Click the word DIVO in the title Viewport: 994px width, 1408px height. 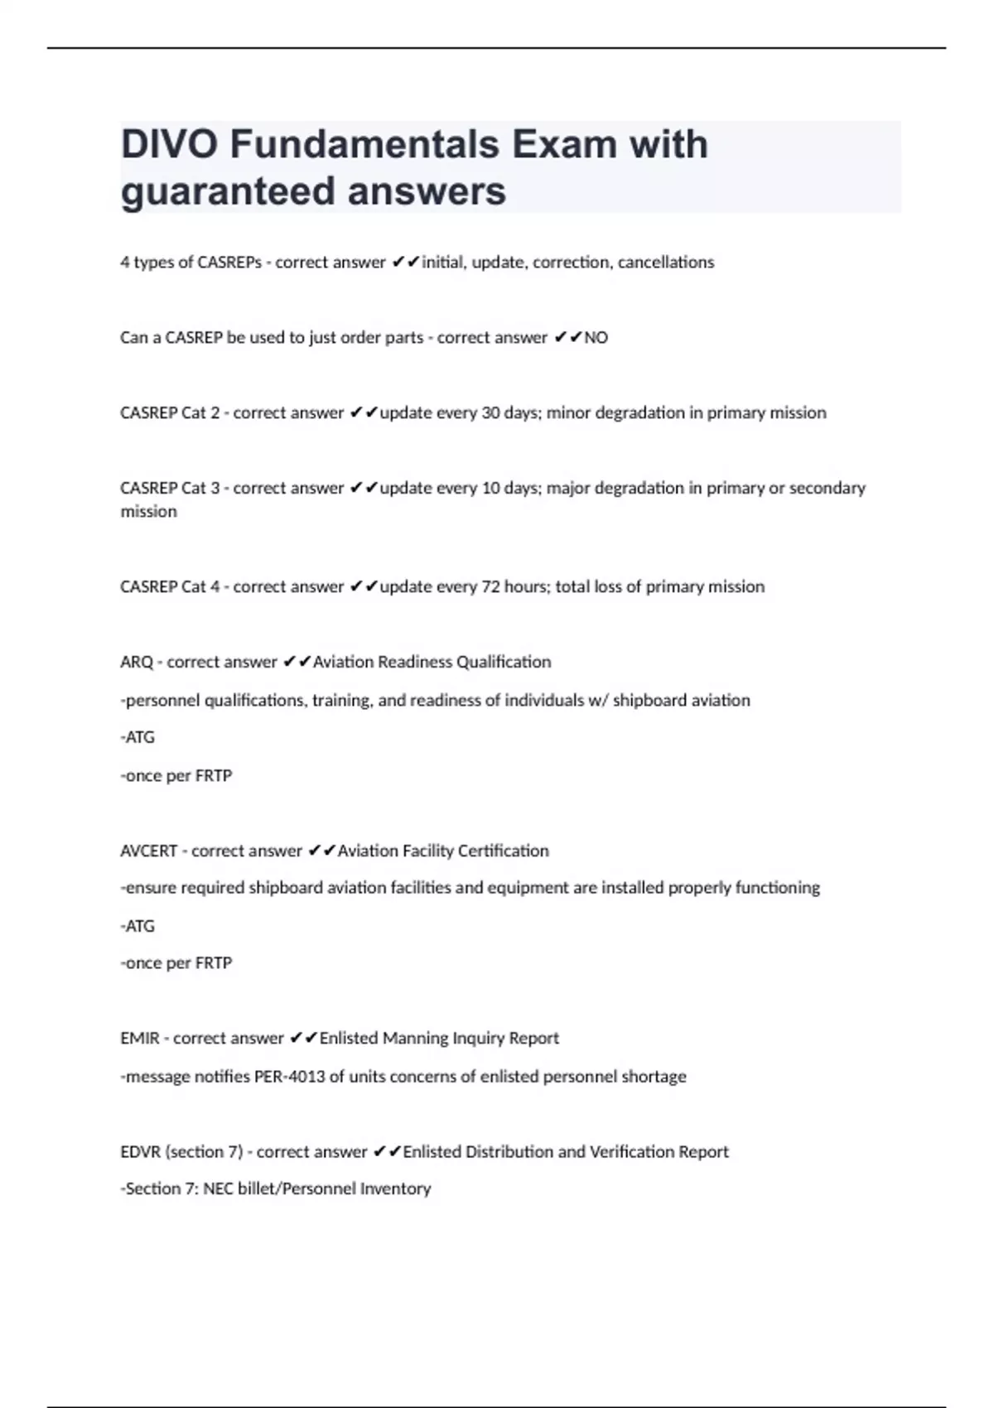tap(170, 145)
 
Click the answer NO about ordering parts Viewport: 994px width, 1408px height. tap(596, 338)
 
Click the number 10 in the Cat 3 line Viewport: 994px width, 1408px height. tap(490, 489)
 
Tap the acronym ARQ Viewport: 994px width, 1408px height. tap(137, 663)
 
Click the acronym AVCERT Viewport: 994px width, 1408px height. tap(148, 851)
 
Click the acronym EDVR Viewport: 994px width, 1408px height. tap(140, 1152)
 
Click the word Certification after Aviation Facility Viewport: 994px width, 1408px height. tap(504, 851)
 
